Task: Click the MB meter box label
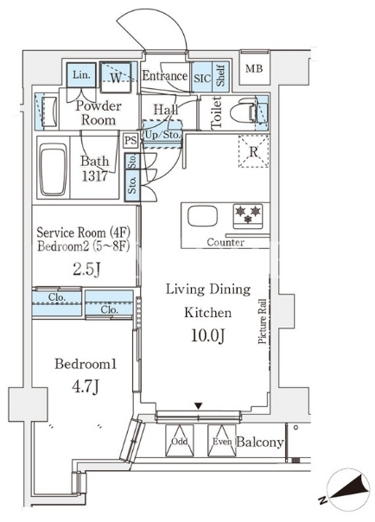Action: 254,69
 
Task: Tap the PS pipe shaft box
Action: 130,141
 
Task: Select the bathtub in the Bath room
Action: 53,170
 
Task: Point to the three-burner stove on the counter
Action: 248,216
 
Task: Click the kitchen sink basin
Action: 202,217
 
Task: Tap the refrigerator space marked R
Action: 253,151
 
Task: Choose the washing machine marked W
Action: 116,77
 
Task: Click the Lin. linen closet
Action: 81,75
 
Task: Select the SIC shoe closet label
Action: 202,78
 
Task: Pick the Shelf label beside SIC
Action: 220,76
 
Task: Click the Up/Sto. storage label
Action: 162,136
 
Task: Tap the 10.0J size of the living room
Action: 208,336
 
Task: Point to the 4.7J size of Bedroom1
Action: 86,387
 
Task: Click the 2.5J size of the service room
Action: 86,270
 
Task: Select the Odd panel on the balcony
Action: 180,441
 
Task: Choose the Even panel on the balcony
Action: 221,441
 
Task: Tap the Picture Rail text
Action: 263,321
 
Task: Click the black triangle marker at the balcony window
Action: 199,406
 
